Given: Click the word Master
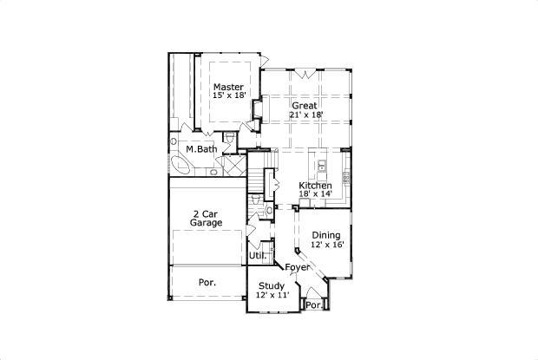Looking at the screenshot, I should (x=229, y=87).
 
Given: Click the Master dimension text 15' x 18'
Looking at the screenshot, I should (x=229, y=95).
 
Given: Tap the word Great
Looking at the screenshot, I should (x=304, y=105).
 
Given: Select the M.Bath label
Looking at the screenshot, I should (x=200, y=149).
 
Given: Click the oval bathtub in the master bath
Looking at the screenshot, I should (x=180, y=164).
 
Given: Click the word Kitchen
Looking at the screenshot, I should (x=315, y=187).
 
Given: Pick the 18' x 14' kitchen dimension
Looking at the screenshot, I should (x=316, y=195).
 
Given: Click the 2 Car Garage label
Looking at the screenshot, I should (x=207, y=218).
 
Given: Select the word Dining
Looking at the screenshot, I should (x=326, y=235).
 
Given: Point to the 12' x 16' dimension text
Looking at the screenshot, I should (x=327, y=245).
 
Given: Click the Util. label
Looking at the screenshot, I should (x=258, y=256).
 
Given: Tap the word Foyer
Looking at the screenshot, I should (x=298, y=267).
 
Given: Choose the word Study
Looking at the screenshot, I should (x=272, y=286).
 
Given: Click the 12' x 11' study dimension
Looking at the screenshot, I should (x=272, y=296).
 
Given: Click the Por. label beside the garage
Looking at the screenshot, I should (x=207, y=283).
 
